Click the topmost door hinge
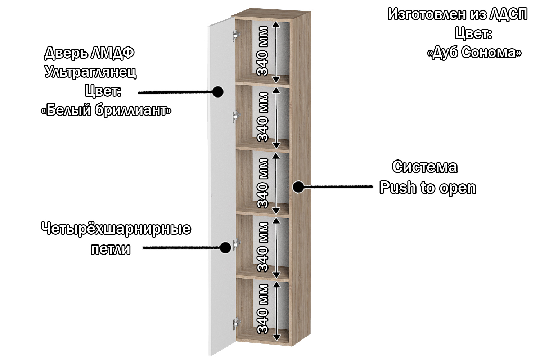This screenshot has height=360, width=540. click(x=236, y=36)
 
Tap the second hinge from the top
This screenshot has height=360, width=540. click(x=236, y=116)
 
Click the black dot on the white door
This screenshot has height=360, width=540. click(x=217, y=92)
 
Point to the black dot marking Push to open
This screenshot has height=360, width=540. click(x=298, y=187)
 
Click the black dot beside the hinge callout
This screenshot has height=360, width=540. click(x=225, y=247)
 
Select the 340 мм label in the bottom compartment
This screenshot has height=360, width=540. click(x=263, y=309)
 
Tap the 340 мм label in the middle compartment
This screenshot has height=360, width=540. click(x=263, y=183)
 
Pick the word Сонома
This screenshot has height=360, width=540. click(x=491, y=53)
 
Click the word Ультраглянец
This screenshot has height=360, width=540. click(x=90, y=72)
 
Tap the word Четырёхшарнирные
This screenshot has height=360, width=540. click(x=116, y=229)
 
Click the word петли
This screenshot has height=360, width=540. click(x=110, y=249)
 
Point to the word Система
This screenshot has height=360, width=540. click(x=425, y=167)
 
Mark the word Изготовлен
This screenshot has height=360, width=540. click(x=427, y=15)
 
